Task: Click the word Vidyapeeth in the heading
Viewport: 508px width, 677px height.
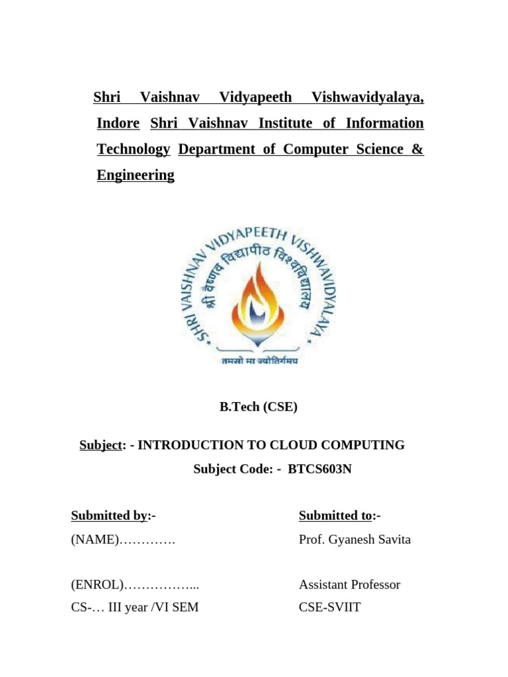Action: [x=255, y=98]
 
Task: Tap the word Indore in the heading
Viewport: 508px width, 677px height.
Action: [x=118, y=124]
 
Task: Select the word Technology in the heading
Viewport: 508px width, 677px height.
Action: [x=133, y=149]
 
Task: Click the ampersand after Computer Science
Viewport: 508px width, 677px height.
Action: [x=417, y=149]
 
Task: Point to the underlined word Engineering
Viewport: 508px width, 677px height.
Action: [x=136, y=175]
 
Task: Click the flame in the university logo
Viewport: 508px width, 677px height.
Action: [x=259, y=291]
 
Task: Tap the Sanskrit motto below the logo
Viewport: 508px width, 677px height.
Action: [x=259, y=361]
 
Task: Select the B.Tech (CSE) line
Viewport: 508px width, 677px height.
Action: [x=259, y=407]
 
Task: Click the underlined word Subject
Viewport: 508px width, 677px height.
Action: [x=101, y=445]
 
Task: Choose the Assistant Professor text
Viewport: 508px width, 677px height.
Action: [x=349, y=585]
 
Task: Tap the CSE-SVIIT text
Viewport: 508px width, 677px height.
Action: [x=329, y=607]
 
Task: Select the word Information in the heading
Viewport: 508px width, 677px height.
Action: [x=382, y=124]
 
